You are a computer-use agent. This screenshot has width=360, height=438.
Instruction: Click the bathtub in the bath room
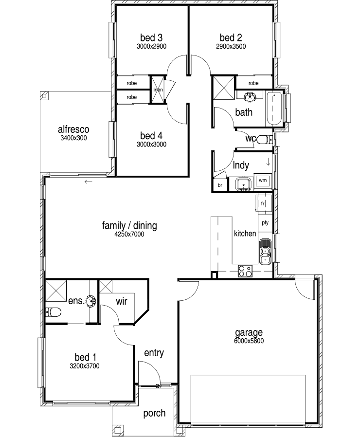(274, 109)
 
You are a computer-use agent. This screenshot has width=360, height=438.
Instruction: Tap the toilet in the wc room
(264, 139)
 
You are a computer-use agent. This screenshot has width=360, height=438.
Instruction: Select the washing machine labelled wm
(263, 181)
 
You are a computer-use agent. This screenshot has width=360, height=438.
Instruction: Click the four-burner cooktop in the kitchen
(245, 271)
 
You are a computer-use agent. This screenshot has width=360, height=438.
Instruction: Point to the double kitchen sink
(265, 252)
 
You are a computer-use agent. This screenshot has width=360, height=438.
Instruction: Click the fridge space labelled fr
(263, 203)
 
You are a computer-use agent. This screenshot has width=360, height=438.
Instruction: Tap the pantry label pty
(265, 222)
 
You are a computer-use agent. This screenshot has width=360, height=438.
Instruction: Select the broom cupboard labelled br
(220, 185)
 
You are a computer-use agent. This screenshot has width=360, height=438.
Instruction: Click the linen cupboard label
(158, 90)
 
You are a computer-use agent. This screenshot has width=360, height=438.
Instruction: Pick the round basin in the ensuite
(91, 301)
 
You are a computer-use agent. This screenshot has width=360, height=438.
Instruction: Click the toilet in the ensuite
(54, 312)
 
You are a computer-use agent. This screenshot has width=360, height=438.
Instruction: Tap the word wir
(122, 301)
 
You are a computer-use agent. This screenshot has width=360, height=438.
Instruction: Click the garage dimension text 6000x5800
(249, 341)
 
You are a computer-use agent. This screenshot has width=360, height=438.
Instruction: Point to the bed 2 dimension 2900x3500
(231, 46)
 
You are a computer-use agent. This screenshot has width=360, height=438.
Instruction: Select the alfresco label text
(73, 129)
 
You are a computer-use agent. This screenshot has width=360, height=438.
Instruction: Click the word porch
(154, 413)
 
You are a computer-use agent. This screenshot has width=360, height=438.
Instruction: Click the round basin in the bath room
(250, 97)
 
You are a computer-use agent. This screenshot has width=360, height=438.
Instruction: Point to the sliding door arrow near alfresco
(88, 182)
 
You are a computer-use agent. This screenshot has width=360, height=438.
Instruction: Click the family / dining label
(129, 225)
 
